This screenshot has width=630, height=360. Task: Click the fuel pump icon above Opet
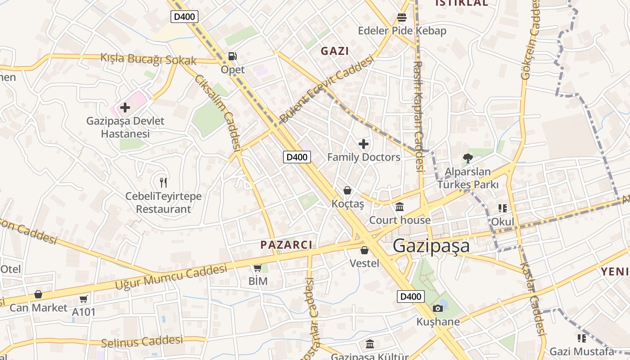tap(233, 57)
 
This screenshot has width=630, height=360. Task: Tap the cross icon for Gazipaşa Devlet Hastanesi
tap(125, 108)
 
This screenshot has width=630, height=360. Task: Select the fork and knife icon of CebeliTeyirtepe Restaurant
tap(163, 182)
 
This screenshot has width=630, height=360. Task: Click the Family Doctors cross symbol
tap(364, 144)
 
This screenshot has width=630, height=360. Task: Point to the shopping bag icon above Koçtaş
tap(347, 190)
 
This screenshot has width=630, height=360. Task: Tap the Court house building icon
tap(400, 207)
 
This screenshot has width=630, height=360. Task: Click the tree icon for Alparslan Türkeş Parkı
tap(468, 158)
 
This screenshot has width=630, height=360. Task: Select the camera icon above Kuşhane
tap(438, 308)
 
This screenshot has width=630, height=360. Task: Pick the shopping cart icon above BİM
tap(258, 268)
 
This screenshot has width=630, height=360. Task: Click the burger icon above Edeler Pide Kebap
tap(402, 18)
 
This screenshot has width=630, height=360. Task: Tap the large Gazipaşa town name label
tap(431, 246)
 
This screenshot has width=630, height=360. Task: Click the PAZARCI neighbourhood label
tap(286, 245)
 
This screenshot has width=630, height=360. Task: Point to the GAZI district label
tap(334, 51)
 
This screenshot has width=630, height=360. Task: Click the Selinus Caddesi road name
tap(142, 342)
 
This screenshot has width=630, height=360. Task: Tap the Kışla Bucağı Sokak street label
tap(148, 58)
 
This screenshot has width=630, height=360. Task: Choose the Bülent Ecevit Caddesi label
tap(327, 89)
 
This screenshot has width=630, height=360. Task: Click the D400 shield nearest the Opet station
tap(184, 17)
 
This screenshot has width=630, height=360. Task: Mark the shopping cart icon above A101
tap(84, 299)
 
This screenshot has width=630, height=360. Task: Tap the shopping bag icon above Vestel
tap(364, 250)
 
